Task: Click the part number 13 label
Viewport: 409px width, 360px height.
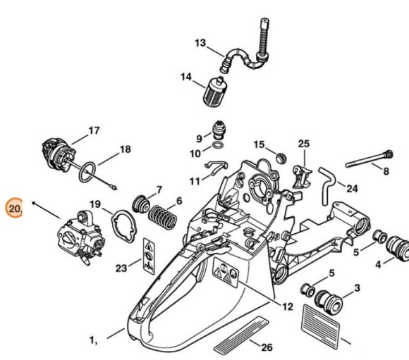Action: point(200,43)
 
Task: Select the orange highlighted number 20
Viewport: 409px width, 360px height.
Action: point(14,209)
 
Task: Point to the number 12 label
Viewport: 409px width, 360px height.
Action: point(287,306)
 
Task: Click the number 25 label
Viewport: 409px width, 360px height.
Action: point(303,144)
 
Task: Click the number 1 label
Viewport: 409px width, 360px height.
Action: point(92,340)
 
